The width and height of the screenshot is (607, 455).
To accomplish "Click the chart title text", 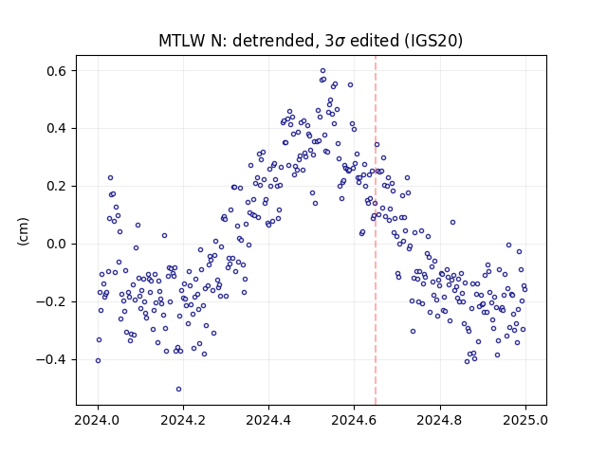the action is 310,41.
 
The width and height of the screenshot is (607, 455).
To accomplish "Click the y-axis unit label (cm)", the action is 23,231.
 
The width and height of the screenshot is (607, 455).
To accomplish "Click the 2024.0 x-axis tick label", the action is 98,420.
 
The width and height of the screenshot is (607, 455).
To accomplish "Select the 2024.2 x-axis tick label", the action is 183,420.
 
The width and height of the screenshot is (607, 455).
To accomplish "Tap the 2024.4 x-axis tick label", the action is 268,420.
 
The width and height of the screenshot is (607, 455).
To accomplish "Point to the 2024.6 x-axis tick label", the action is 354,420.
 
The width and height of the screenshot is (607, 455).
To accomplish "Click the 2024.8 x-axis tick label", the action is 440,420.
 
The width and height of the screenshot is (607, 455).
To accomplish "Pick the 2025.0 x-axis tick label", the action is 525,420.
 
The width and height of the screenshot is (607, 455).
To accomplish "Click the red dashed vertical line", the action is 376,230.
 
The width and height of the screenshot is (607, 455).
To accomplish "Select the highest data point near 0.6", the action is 322,71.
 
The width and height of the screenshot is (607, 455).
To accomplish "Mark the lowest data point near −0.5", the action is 178,390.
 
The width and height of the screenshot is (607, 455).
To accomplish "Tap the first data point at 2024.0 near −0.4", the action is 98,360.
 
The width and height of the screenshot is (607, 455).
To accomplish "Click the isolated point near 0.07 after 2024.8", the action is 452,223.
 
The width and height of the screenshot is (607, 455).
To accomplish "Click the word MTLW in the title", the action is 182,41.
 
